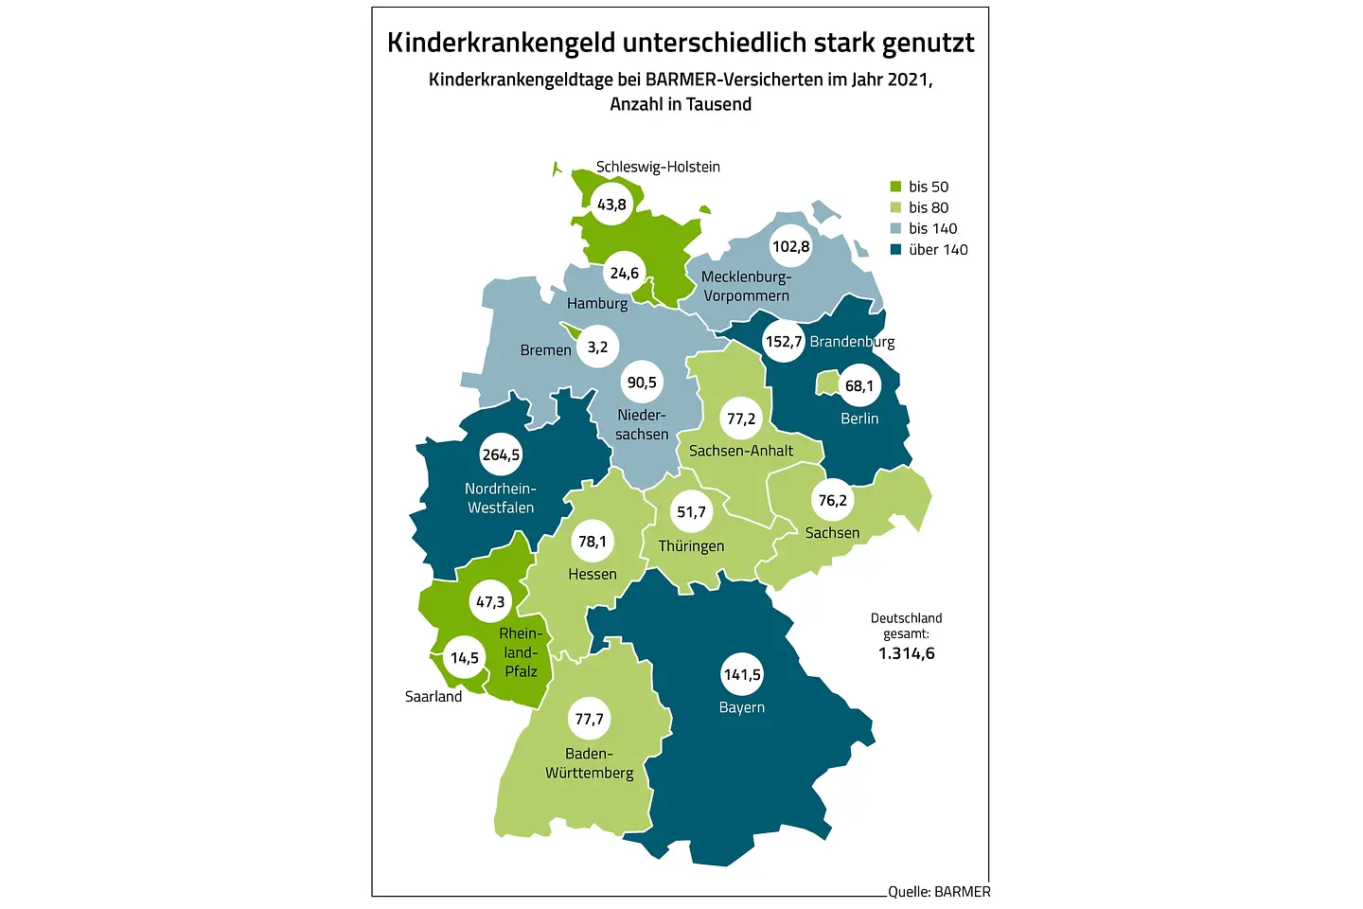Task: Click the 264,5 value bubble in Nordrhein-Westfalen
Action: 501,454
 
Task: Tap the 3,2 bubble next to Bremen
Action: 597,348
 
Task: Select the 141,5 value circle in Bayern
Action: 742,674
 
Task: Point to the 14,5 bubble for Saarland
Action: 464,657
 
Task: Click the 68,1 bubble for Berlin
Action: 859,385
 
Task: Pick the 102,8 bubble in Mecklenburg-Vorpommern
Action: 791,246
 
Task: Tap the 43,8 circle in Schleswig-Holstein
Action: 611,205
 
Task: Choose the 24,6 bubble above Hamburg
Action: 625,274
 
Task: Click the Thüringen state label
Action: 691,546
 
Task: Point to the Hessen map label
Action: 593,575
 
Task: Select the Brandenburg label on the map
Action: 852,342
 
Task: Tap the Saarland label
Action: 434,697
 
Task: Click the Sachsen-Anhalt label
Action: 741,451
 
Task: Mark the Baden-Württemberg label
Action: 589,763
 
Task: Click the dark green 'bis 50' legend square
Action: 895,187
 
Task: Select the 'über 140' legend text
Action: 938,250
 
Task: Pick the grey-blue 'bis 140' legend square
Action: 895,228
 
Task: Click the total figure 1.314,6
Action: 906,653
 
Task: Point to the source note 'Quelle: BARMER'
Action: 939,892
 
